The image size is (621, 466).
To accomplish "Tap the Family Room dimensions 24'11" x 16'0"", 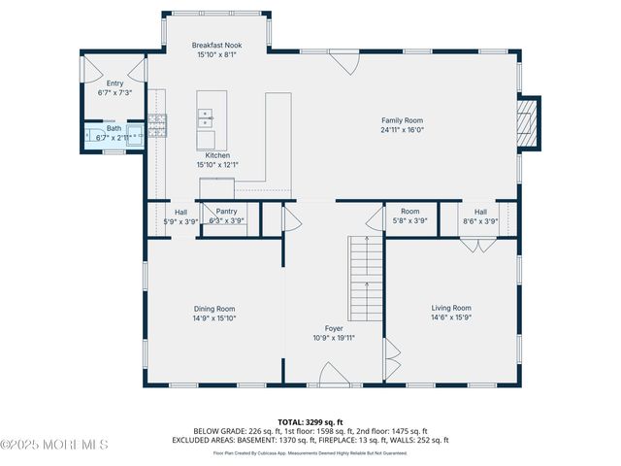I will point(402,129).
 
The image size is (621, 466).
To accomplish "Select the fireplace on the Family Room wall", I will point(527,123).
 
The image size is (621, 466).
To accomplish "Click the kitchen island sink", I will point(207,117).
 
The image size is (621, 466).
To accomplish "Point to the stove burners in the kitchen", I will point(157,122).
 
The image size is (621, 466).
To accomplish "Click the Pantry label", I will point(226,211).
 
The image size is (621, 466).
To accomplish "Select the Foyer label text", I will point(334,329).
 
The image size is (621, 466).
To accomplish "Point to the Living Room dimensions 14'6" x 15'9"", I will point(451,317).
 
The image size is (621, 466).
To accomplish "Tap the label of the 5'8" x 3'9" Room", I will point(410,211).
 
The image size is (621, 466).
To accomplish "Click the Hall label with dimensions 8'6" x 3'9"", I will point(480,211).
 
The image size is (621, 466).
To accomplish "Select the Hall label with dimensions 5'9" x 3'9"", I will point(180,211).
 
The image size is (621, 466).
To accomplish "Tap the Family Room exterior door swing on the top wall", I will point(342,62).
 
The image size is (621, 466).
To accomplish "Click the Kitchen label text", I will point(217,155).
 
